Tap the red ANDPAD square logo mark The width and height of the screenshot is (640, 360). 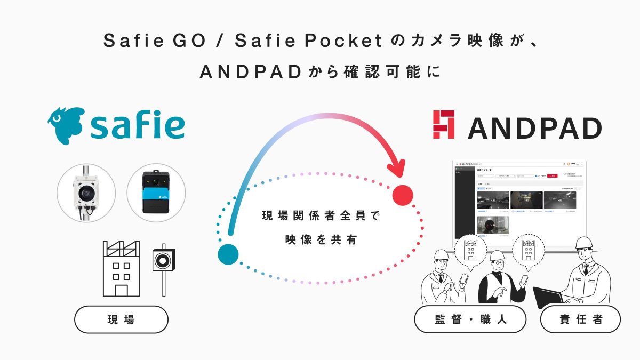click(444, 125)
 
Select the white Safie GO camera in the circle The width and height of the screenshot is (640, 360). click(86, 193)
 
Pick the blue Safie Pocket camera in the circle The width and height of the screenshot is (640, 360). click(156, 193)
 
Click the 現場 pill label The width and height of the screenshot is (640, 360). click(121, 319)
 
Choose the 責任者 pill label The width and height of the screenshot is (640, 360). click(580, 319)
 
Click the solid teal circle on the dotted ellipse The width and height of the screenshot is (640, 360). click(228, 254)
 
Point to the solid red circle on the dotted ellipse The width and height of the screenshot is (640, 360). click(403, 196)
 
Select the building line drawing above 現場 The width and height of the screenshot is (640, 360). click(121, 268)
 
